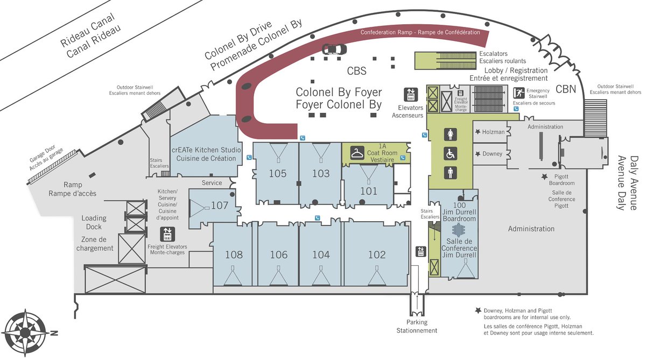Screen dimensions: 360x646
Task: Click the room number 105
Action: click(x=278, y=173)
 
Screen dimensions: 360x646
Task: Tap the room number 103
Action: click(x=321, y=173)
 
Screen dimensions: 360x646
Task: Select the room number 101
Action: click(x=369, y=190)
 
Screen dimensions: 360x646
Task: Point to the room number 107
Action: click(x=220, y=205)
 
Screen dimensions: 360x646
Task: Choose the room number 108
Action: click(x=234, y=255)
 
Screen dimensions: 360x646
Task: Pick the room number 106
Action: click(x=278, y=255)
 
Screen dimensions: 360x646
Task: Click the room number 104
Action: click(x=321, y=255)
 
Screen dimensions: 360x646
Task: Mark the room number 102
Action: click(x=377, y=255)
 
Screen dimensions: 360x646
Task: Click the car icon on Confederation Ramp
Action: click(x=334, y=50)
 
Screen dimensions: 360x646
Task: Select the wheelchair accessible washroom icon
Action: click(x=450, y=154)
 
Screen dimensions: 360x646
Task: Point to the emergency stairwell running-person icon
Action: click(x=519, y=93)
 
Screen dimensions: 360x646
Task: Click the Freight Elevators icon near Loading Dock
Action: click(x=167, y=234)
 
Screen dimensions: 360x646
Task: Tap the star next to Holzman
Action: click(x=477, y=132)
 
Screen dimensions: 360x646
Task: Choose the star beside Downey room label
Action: click(x=477, y=154)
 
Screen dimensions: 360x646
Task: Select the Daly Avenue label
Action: click(x=628, y=183)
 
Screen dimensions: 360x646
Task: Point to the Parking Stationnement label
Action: click(x=417, y=326)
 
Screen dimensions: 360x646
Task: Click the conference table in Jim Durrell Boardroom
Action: click(x=458, y=230)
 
